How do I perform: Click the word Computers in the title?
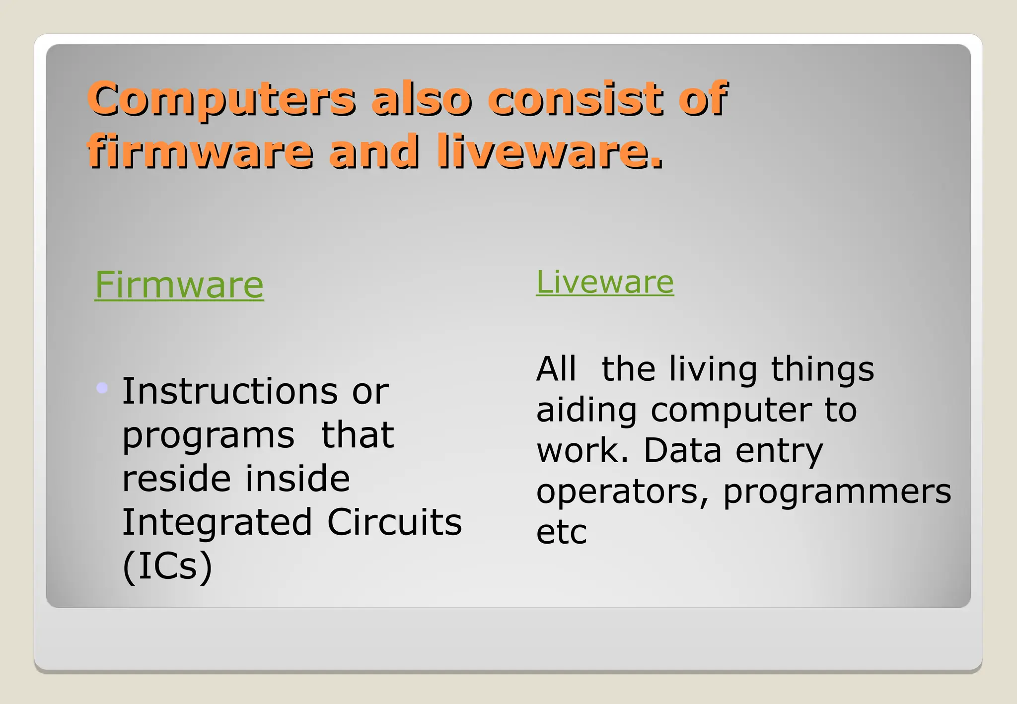221,99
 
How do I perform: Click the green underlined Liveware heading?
605,282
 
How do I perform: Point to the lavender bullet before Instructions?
102,388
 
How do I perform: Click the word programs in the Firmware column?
209,436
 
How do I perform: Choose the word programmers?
837,493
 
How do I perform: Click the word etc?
562,532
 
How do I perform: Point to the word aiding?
586,411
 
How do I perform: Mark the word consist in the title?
576,99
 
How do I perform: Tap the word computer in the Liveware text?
730,411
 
